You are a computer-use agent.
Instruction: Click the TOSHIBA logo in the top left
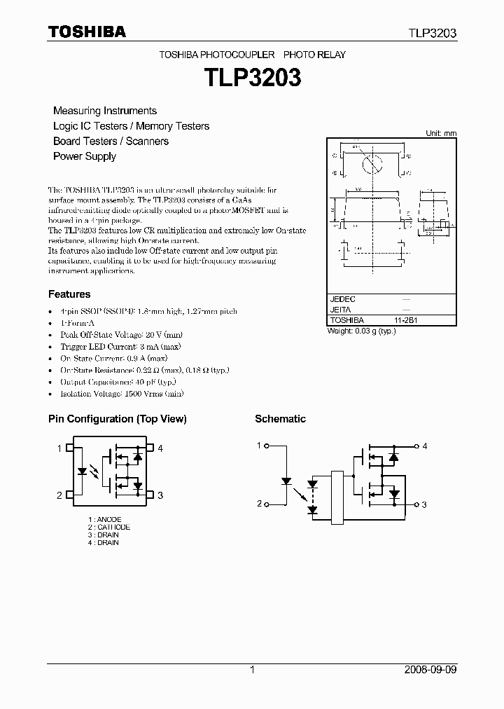coord(87,32)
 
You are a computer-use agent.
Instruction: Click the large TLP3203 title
coord(252,77)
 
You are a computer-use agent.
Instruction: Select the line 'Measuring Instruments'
coord(105,111)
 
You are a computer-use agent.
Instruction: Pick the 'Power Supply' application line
coord(85,156)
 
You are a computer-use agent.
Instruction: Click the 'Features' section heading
coord(69,294)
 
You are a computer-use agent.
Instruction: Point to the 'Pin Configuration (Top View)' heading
coord(117,419)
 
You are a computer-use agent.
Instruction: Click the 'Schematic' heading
coord(280,419)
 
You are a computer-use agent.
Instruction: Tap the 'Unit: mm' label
coord(441,133)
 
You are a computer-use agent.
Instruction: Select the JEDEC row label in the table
coord(343,299)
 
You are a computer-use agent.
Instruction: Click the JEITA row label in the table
coord(340,309)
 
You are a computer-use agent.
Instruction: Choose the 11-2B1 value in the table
coord(407,319)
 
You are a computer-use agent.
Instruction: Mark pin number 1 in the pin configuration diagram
coord(59,448)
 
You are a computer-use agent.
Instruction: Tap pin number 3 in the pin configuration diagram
coord(160,495)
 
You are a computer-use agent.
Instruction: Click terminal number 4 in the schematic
coord(425,446)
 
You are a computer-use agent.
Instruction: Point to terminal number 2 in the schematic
coord(259,504)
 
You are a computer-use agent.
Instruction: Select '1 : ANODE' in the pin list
coord(104,519)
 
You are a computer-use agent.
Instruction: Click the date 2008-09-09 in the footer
coord(430,670)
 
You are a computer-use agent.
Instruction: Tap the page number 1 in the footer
coord(252,670)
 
